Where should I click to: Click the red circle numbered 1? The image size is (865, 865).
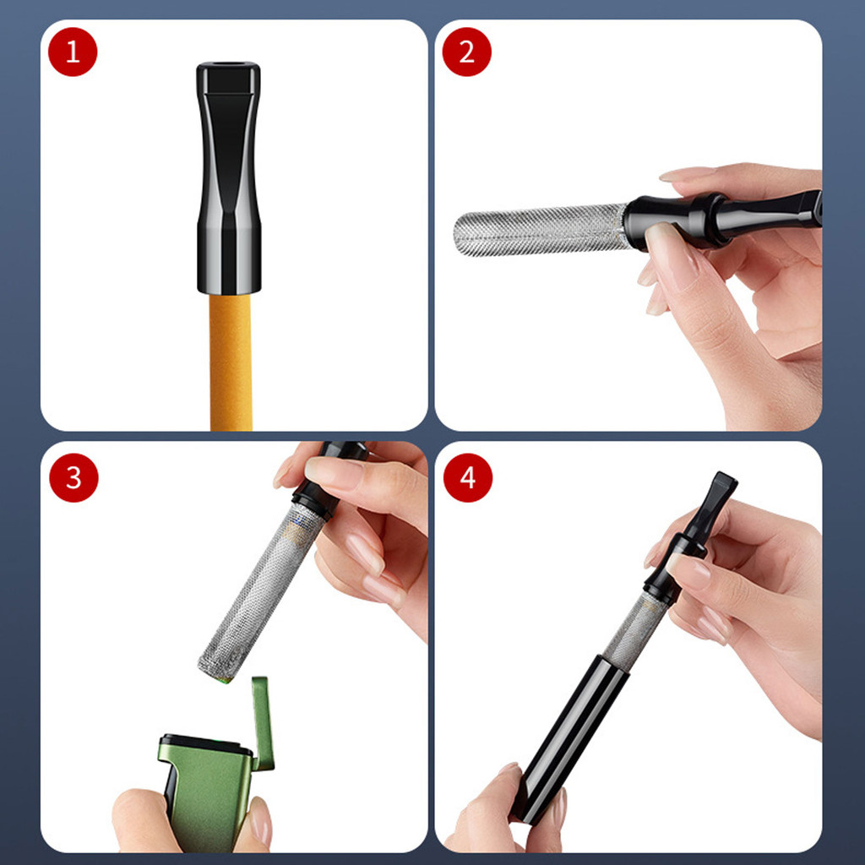click(x=73, y=52)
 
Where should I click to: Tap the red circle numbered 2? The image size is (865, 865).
click(x=466, y=52)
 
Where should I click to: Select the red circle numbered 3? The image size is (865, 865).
click(x=73, y=478)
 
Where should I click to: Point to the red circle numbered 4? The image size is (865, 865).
click(x=468, y=478)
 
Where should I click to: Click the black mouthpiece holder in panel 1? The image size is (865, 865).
click(x=228, y=177)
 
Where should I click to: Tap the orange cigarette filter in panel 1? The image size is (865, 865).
click(x=231, y=362)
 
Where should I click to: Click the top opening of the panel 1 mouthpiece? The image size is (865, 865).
click(x=228, y=64)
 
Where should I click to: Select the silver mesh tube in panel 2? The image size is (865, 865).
click(x=541, y=230)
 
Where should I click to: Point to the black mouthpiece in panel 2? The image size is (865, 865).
click(x=723, y=218)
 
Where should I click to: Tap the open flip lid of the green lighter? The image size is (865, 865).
click(x=263, y=723)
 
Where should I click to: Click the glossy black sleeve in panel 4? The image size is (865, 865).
click(x=570, y=738)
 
